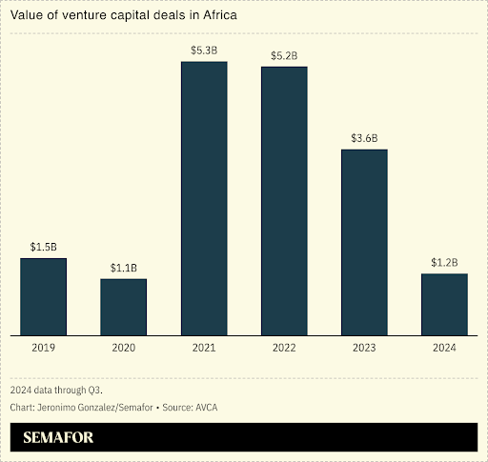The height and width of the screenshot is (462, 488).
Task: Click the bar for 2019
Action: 44,296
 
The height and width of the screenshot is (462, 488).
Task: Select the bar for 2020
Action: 124,307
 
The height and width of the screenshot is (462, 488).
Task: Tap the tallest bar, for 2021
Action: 204,198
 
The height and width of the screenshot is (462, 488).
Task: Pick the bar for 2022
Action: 284,201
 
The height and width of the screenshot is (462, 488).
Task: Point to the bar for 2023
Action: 364,242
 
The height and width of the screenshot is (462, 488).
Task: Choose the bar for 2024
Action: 444,304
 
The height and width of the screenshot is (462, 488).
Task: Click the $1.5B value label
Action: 44,247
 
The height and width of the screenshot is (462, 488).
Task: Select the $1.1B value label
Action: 124,268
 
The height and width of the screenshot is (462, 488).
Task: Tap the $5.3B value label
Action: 204,50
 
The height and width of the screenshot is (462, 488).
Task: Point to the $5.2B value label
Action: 284,55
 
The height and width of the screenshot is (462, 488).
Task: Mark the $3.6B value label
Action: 364,138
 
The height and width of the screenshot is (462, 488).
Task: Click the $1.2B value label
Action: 444,262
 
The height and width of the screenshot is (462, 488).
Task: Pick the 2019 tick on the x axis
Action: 44,350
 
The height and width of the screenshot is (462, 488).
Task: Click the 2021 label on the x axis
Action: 204,350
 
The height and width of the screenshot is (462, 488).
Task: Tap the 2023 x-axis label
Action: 364,350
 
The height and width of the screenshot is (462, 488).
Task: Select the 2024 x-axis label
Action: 444,350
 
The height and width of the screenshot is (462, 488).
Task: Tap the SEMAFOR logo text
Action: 59,438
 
